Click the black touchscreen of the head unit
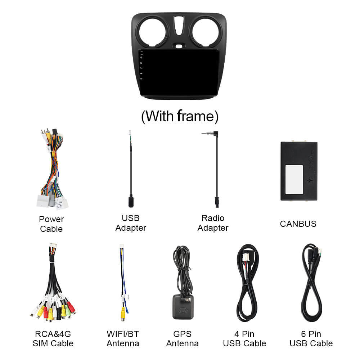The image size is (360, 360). pyautogui.click(x=179, y=72)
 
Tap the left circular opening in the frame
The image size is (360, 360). pyautogui.click(x=152, y=32)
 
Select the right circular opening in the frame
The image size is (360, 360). pyautogui.click(x=206, y=32)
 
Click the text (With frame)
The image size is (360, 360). pyautogui.click(x=180, y=116)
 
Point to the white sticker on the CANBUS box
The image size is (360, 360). pyautogui.click(x=294, y=180)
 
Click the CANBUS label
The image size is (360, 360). pyautogui.click(x=298, y=224)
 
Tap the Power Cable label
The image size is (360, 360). pyautogui.click(x=51, y=224)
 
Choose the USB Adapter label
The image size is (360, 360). pyautogui.click(x=131, y=223)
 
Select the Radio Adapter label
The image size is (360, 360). pyautogui.click(x=213, y=223)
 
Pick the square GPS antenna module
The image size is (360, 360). pyautogui.click(x=183, y=307)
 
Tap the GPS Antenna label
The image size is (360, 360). pyautogui.click(x=182, y=339)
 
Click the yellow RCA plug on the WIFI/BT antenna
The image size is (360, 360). pyautogui.click(x=123, y=314)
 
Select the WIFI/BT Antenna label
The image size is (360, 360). pyautogui.click(x=123, y=339)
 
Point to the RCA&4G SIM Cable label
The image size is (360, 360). pyautogui.click(x=53, y=339)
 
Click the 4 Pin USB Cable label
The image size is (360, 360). pyautogui.click(x=244, y=339)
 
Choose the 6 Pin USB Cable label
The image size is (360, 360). pyautogui.click(x=311, y=339)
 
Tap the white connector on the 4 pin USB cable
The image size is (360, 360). pyautogui.click(x=246, y=257)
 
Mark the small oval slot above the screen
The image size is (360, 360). pyautogui.click(x=179, y=46)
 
